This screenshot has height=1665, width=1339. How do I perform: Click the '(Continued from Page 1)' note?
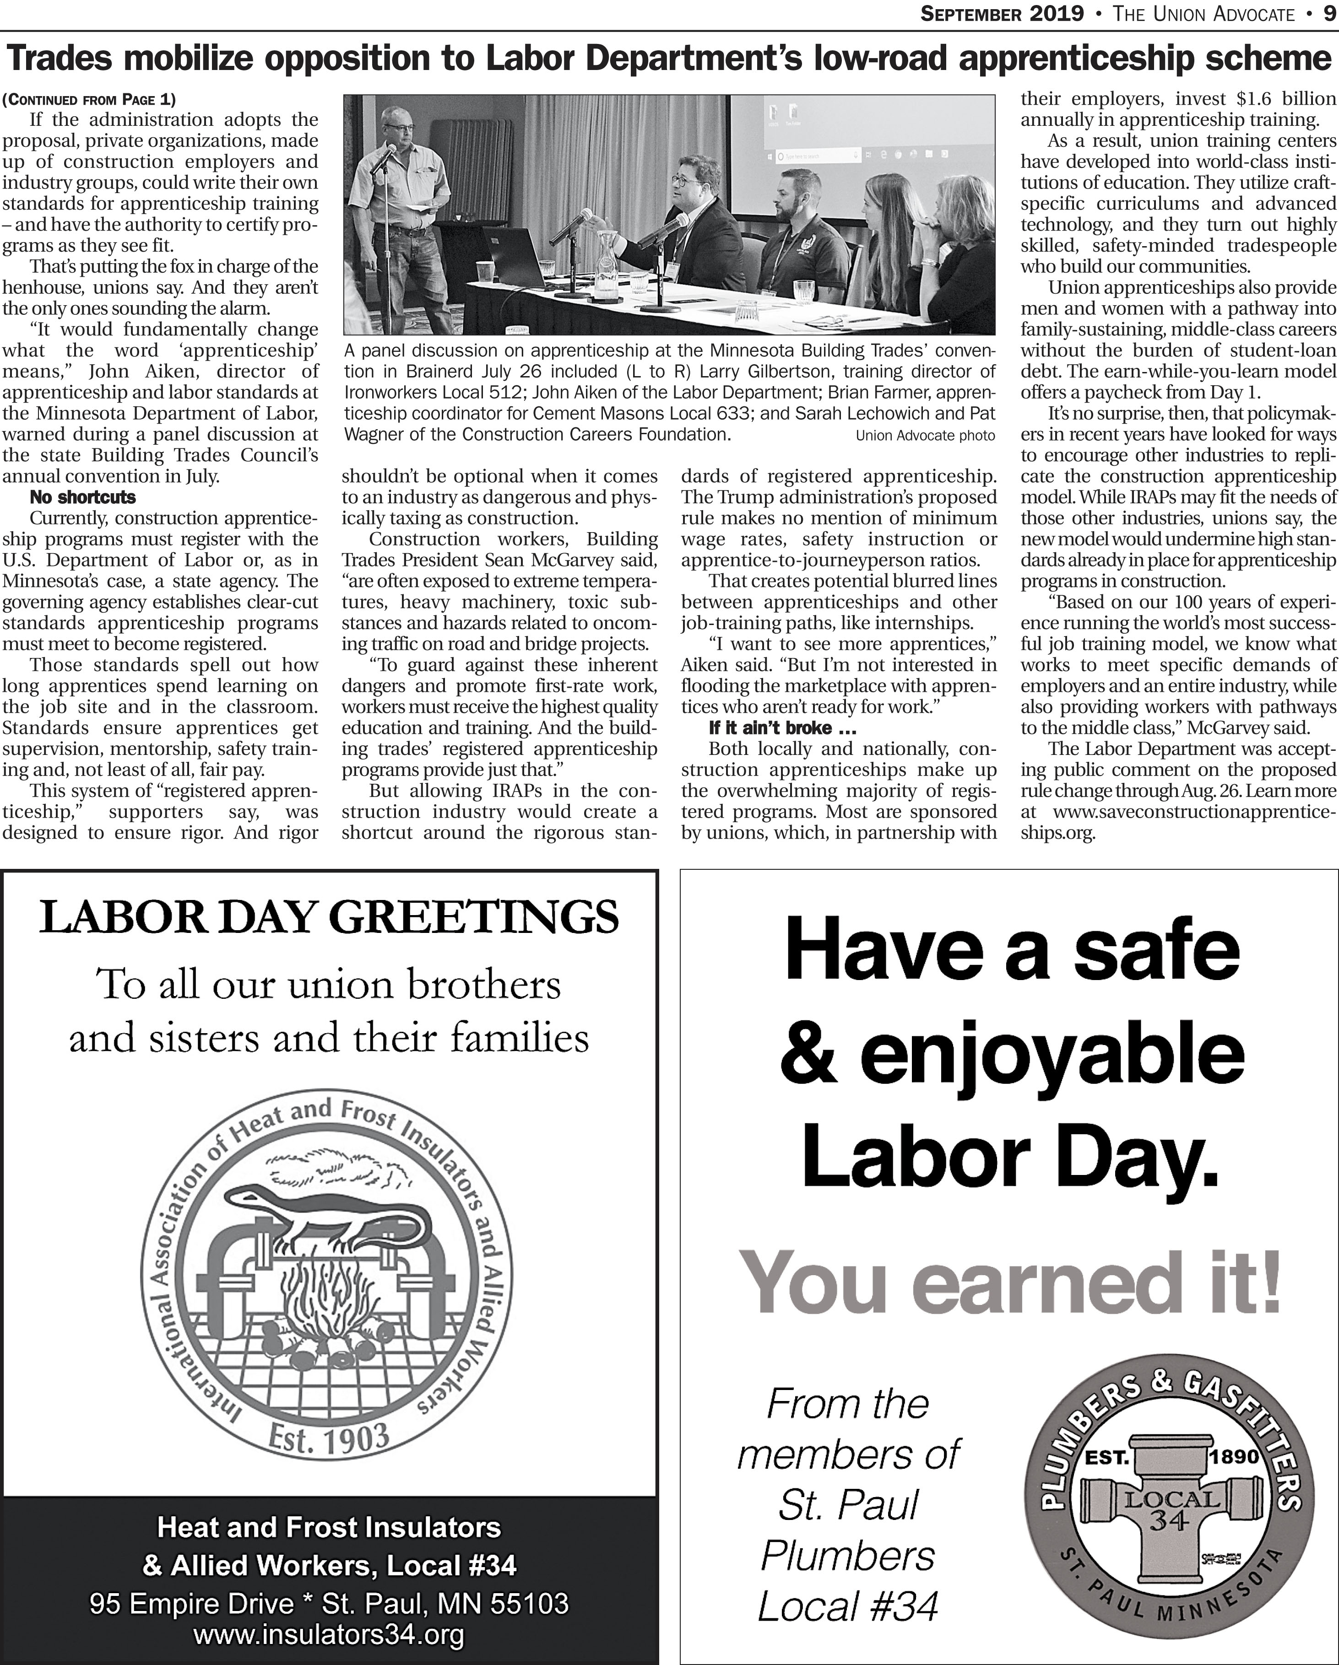[x=89, y=100]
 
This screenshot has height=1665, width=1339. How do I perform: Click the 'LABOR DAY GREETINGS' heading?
[x=329, y=917]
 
